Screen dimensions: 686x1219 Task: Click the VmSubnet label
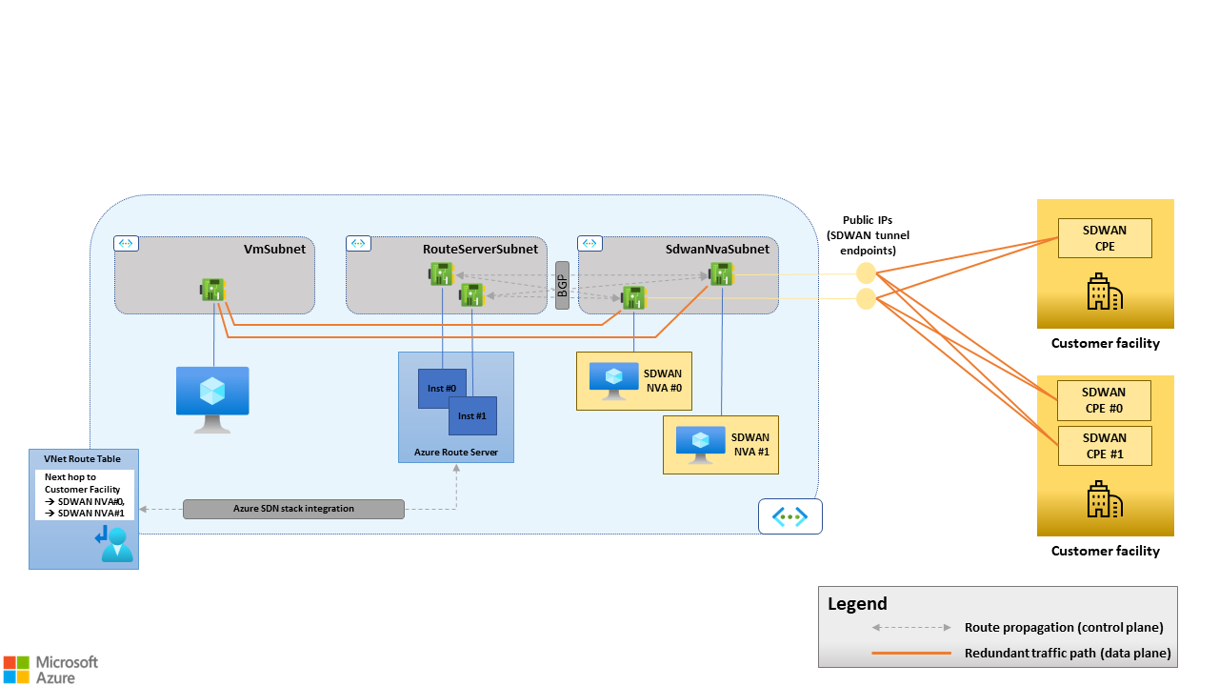(274, 249)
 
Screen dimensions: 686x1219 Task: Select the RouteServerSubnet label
(480, 249)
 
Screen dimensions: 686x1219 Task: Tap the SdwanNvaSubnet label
(717, 249)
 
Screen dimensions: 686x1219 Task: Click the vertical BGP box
(562, 285)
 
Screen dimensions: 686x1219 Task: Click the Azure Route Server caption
(456, 451)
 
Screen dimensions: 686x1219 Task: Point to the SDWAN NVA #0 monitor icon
(613, 378)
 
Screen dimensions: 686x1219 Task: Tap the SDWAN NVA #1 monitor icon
(701, 444)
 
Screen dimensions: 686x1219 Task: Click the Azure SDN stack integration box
(293, 509)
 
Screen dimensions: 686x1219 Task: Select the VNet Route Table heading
(83, 458)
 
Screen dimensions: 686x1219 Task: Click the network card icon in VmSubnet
(213, 288)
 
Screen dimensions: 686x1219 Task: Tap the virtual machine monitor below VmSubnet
(212, 396)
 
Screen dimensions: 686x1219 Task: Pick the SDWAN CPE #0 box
(1105, 400)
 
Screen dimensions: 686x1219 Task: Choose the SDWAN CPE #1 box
(1105, 446)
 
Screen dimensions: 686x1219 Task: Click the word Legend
(857, 603)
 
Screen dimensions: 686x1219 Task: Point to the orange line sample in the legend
(911, 654)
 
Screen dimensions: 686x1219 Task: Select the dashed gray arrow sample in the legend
(911, 628)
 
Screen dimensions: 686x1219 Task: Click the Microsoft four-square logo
(16, 668)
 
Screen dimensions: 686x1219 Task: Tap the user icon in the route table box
(115, 544)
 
